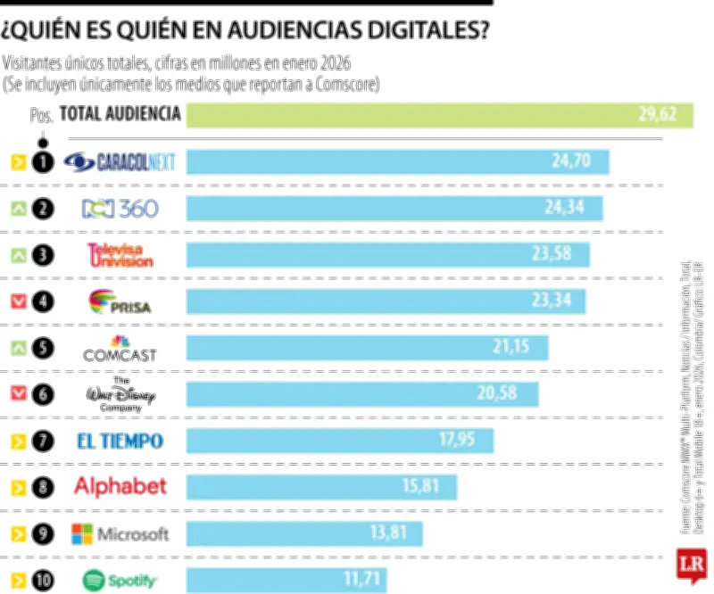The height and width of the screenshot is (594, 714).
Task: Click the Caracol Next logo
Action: coord(120,162)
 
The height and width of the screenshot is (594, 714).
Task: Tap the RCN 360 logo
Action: coord(120,209)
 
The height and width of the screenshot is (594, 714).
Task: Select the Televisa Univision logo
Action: coord(120,255)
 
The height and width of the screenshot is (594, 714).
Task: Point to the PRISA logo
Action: coord(120,301)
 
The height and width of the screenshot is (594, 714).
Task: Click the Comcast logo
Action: coord(120,349)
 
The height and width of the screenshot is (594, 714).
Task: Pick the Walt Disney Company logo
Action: coord(120,395)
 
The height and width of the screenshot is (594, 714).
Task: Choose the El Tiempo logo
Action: coord(120,441)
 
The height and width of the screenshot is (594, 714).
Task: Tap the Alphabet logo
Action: coord(120,487)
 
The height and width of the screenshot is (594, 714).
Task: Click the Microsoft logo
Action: coord(120,533)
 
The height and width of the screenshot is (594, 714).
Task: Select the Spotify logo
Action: coord(120,581)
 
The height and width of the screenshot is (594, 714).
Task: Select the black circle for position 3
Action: coord(42,255)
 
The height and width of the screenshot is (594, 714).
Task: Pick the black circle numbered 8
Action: coord(42,487)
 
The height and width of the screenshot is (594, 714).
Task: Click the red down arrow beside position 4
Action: coord(17,301)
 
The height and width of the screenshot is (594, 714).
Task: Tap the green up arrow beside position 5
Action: coord(17,349)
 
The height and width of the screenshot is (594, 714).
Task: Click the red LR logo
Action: coord(690,566)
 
